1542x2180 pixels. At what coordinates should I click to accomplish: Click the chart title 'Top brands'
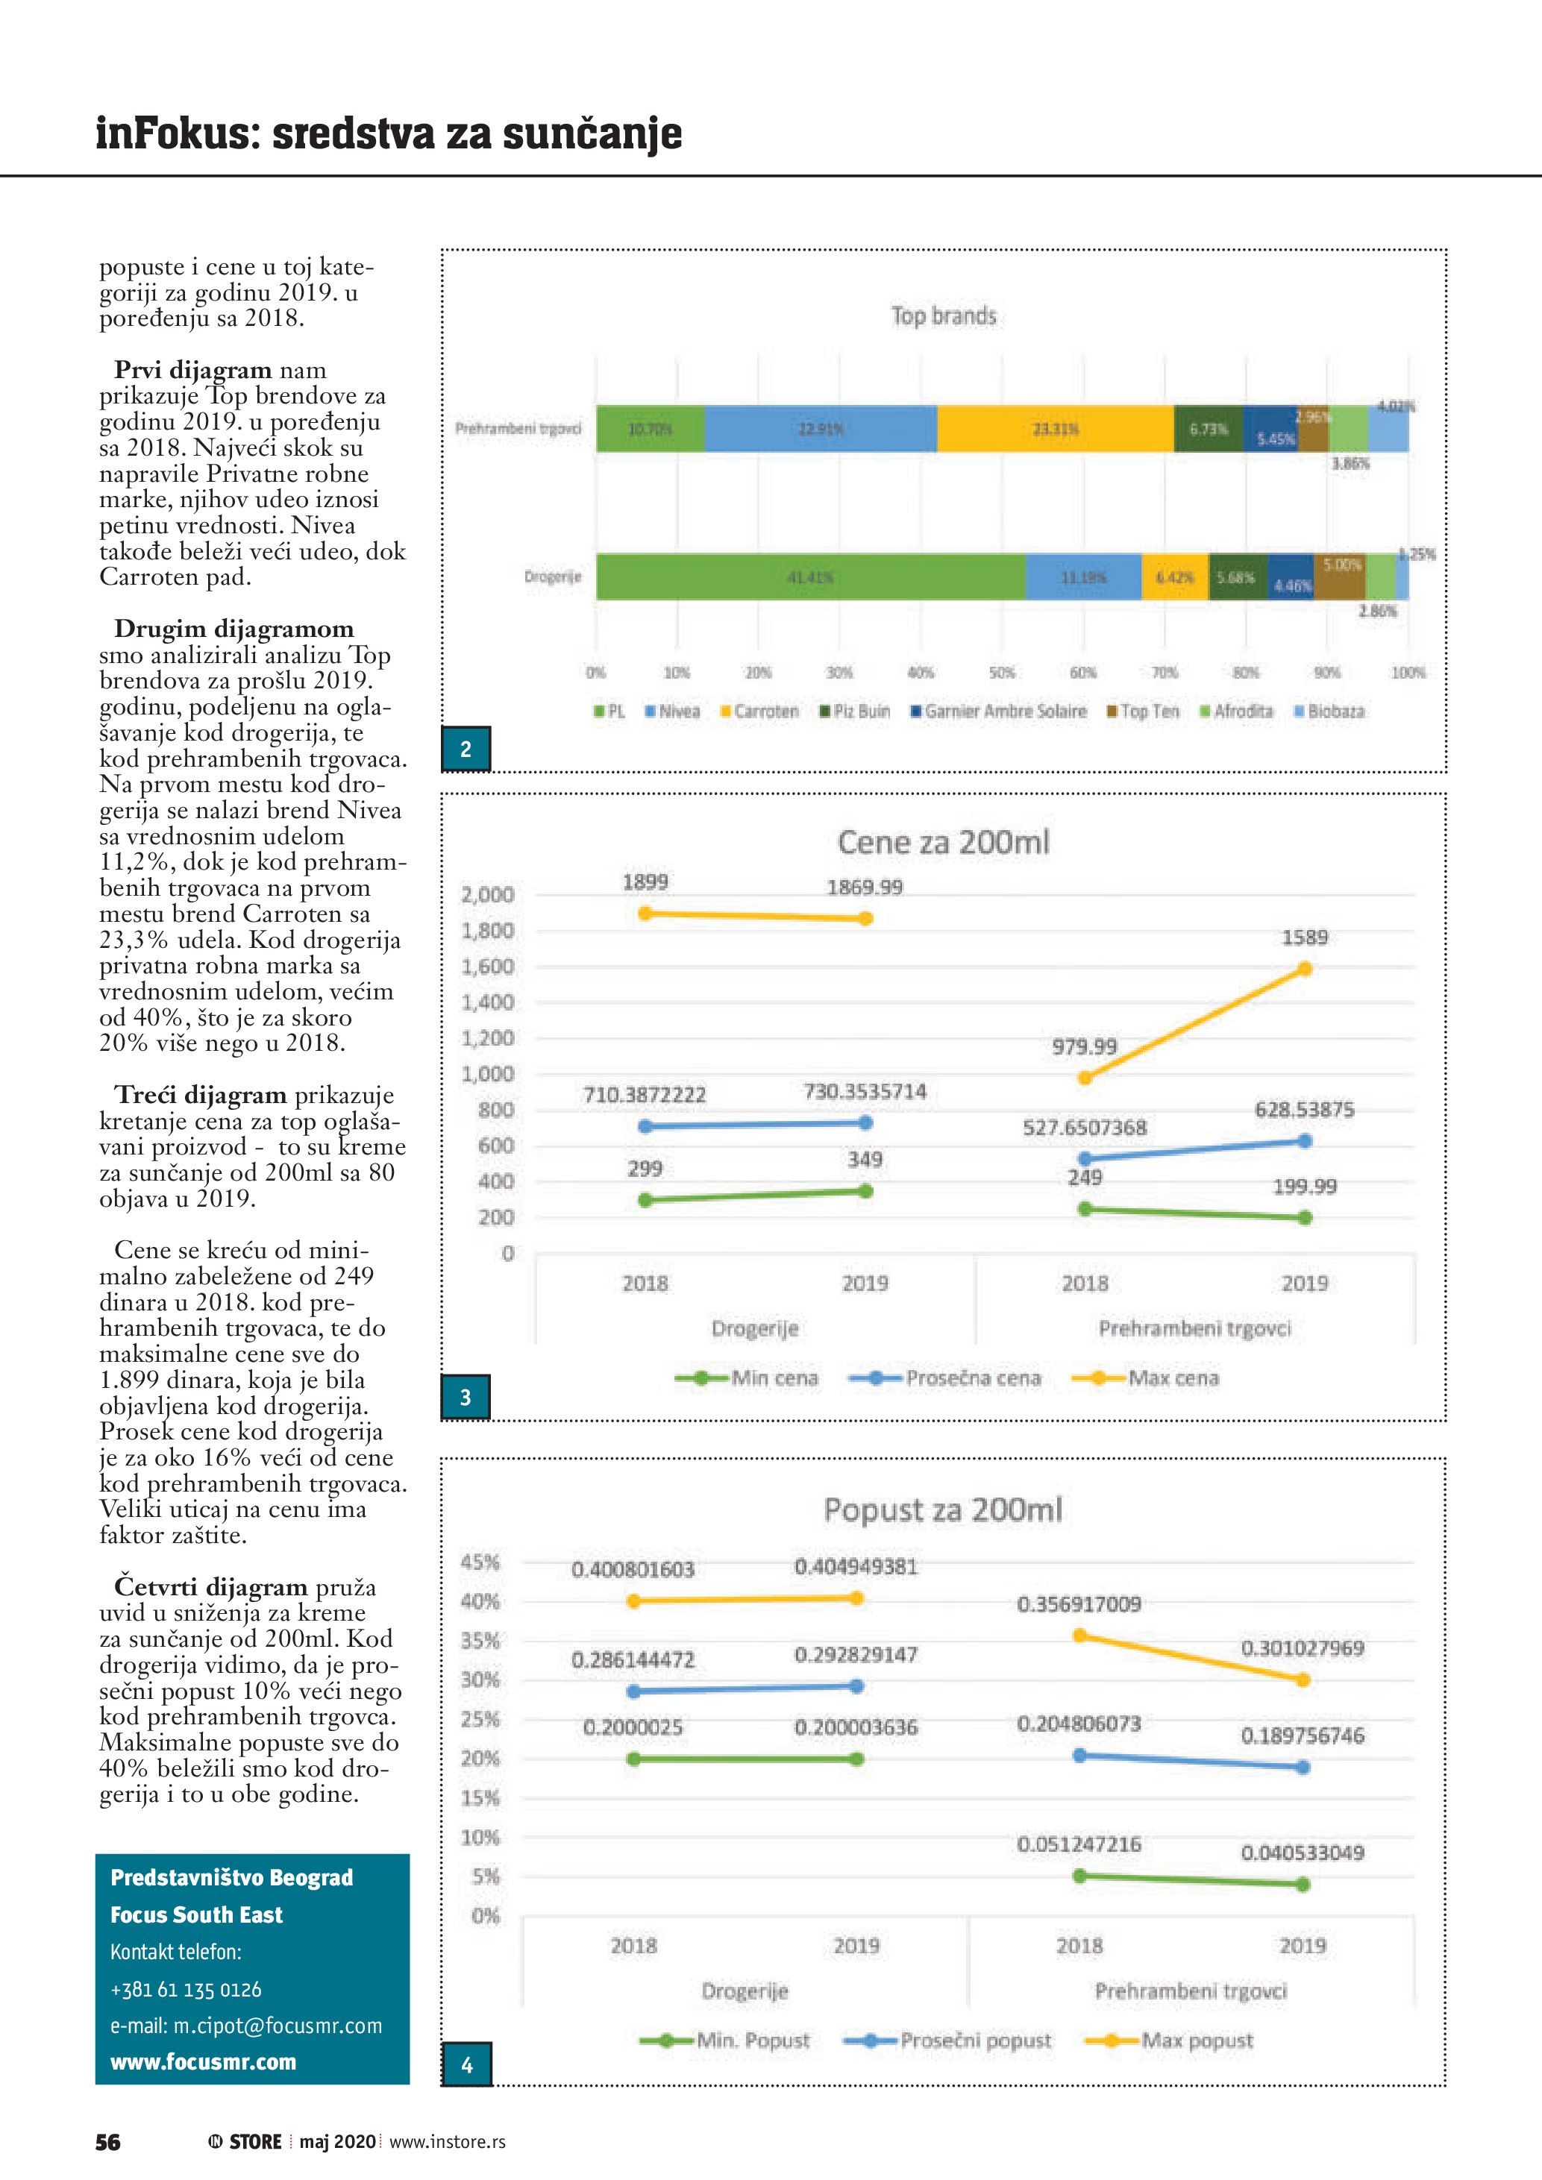tap(943, 316)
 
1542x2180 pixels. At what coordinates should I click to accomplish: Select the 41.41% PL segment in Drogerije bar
tap(810, 577)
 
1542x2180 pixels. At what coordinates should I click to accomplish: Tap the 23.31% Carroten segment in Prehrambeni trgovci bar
tap(1055, 429)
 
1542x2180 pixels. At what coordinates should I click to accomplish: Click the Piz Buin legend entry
tap(855, 712)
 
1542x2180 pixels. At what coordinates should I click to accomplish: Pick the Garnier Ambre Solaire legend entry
tap(998, 712)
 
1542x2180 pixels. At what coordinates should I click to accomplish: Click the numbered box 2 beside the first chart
tap(466, 749)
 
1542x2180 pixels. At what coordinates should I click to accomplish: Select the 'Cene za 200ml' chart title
tap(943, 842)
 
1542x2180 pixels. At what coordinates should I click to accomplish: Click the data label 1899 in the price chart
tap(645, 882)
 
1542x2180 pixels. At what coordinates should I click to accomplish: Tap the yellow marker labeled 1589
tap(1305, 969)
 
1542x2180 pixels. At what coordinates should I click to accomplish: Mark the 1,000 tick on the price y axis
tap(487, 1074)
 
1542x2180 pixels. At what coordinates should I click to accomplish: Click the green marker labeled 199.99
tap(1305, 1217)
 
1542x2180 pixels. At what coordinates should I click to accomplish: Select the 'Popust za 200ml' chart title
tap(943, 1510)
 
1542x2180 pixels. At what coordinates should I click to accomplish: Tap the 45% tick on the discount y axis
tap(480, 1562)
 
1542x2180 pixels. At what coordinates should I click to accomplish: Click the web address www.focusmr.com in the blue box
tap(203, 2061)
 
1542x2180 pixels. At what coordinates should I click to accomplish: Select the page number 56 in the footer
tap(108, 2142)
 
